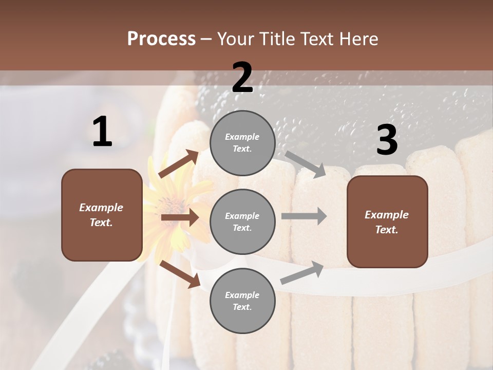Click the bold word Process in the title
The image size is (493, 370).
pyautogui.click(x=161, y=39)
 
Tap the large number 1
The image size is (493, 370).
pyautogui.click(x=102, y=132)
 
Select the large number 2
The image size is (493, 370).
pyautogui.click(x=242, y=78)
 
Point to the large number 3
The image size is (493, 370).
pyautogui.click(x=387, y=140)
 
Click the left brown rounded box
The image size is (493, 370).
pyautogui.click(x=102, y=215)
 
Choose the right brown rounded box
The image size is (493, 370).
pyautogui.click(x=387, y=221)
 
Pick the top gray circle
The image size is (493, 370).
pyautogui.click(x=242, y=143)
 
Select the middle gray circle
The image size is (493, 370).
pyautogui.click(x=242, y=221)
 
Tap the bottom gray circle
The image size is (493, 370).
pyautogui.click(x=242, y=301)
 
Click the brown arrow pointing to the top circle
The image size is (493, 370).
pyautogui.click(x=178, y=164)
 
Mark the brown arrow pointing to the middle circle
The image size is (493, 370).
pyautogui.click(x=180, y=218)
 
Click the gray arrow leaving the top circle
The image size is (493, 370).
pyautogui.click(x=306, y=164)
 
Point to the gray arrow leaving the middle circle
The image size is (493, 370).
pyautogui.click(x=304, y=216)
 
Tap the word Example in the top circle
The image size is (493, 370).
pyautogui.click(x=242, y=137)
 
